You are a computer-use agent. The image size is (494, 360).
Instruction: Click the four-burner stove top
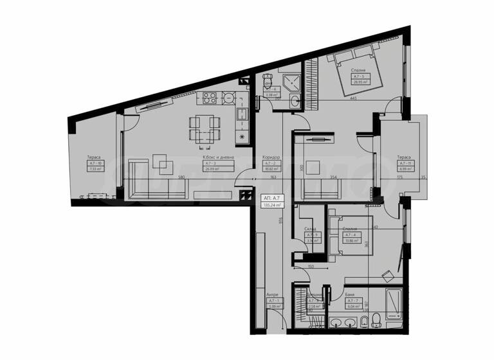tap(210, 98)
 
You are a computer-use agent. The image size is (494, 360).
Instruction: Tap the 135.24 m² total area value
tap(271, 206)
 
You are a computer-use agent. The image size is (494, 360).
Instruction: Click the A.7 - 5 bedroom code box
tap(359, 76)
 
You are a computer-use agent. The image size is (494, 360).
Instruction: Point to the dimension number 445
tap(354, 98)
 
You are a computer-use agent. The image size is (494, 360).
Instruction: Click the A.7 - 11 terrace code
tap(403, 163)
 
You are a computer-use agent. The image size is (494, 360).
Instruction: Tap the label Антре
tap(272, 295)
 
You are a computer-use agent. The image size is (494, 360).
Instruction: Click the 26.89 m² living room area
tap(212, 170)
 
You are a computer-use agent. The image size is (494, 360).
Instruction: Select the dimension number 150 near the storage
tap(310, 266)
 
